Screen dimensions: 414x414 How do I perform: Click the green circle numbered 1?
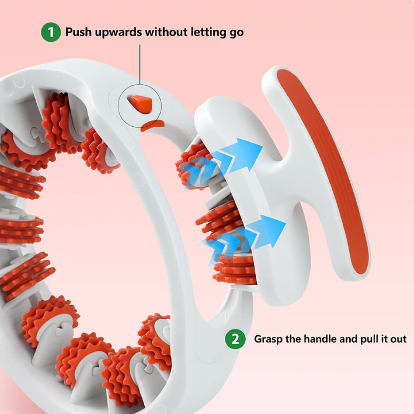click(x=50, y=32)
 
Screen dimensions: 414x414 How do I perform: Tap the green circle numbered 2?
click(x=235, y=339)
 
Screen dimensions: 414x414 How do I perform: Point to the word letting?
click(x=206, y=33)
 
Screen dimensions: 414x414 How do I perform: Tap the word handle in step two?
click(x=325, y=339)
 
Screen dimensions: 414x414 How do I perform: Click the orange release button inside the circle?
click(x=141, y=104)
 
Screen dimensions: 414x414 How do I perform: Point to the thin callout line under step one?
click(x=140, y=64)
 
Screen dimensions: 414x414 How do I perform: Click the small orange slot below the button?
click(x=154, y=124)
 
